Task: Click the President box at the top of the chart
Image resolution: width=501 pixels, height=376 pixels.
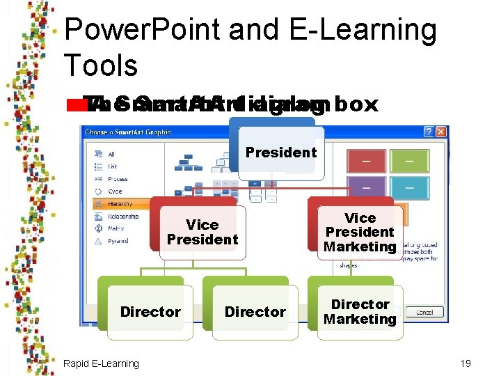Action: (x=281, y=152)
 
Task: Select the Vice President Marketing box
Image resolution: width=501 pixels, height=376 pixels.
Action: (x=360, y=233)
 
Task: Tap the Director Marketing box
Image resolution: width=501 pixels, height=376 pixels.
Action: (x=360, y=312)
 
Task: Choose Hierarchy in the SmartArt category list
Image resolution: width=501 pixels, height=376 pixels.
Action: (x=120, y=204)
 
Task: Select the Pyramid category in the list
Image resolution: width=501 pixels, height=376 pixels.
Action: (x=118, y=241)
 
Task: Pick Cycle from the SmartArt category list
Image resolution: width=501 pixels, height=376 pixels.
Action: (x=115, y=191)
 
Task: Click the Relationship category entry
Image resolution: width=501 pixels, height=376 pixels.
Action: (x=122, y=217)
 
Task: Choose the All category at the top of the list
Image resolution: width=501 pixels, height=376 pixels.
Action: (x=111, y=154)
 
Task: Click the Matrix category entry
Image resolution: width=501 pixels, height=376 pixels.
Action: (x=116, y=228)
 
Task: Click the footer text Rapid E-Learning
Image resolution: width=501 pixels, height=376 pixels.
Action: (x=101, y=363)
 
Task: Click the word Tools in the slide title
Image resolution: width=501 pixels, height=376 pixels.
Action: (x=101, y=65)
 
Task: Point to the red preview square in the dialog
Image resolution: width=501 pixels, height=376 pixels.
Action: (x=366, y=162)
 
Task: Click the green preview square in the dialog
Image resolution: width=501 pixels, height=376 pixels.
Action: (x=408, y=162)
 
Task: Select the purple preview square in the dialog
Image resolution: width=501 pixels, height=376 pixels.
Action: (x=366, y=187)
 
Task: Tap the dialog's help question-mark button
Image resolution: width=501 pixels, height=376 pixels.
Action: (x=429, y=132)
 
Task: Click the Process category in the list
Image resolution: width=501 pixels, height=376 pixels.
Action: (x=118, y=179)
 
